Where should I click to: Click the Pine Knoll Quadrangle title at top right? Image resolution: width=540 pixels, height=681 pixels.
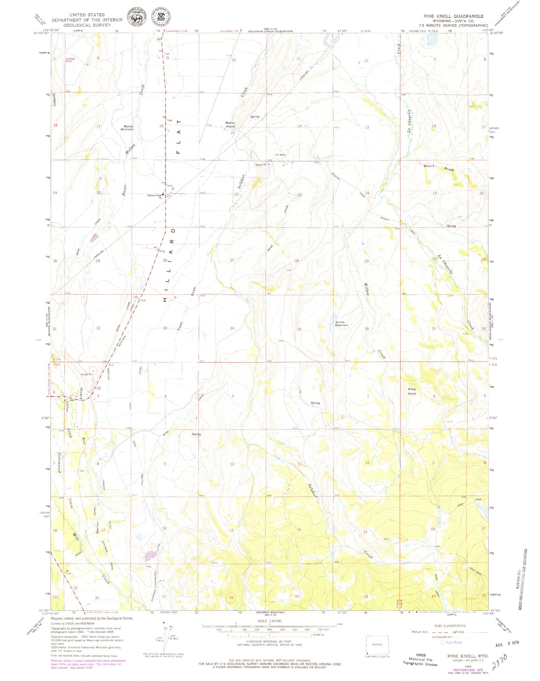(x=453, y=16)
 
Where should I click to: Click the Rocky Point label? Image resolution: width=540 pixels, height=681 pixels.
(x=230, y=124)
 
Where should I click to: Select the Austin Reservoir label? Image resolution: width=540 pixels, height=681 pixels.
(x=341, y=324)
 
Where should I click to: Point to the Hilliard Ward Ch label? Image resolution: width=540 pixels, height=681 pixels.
(x=154, y=196)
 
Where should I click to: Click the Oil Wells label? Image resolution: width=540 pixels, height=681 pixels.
(x=280, y=155)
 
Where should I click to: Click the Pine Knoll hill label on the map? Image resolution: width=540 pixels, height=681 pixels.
(x=412, y=391)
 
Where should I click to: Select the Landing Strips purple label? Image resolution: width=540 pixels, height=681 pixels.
(x=70, y=60)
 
